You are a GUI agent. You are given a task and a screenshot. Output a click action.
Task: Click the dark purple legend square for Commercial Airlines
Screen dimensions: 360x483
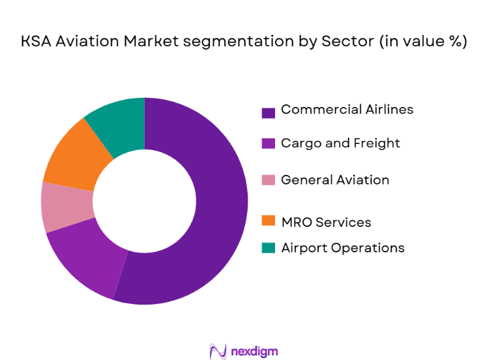[x=268, y=112]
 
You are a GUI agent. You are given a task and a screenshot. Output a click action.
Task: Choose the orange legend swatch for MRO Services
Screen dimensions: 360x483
[x=268, y=222]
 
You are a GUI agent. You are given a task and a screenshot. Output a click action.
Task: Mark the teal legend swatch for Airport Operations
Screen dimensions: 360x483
[x=268, y=248]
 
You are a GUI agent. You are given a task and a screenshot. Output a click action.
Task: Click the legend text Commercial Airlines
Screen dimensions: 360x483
[x=347, y=110]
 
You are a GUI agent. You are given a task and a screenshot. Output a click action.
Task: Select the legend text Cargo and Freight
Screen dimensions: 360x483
[x=340, y=143]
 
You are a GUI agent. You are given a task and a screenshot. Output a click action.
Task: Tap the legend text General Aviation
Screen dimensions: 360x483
[x=335, y=180]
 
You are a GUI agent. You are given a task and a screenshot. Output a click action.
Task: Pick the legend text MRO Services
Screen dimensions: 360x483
[x=326, y=222]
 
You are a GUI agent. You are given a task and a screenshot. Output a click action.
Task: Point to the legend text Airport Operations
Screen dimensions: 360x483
[x=342, y=248]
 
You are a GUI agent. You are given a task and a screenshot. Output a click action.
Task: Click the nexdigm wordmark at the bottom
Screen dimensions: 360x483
[x=254, y=351]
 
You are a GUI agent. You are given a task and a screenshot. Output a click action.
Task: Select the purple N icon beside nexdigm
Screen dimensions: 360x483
[x=218, y=351]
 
